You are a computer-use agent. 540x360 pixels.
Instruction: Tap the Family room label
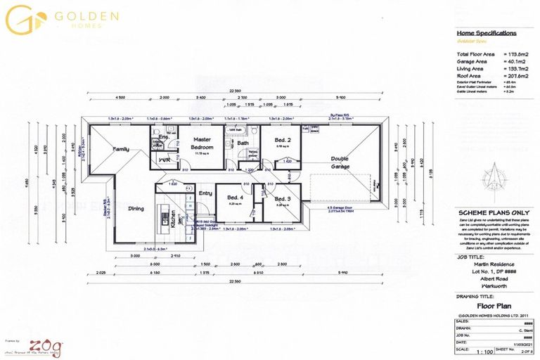click(x=121, y=149)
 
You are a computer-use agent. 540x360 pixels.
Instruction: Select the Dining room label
click(x=136, y=208)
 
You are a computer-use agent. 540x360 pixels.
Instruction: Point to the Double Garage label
click(x=340, y=162)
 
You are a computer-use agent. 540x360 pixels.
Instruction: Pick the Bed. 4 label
click(x=236, y=199)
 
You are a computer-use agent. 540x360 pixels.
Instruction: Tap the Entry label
click(x=205, y=193)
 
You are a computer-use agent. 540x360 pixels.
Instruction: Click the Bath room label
click(x=243, y=143)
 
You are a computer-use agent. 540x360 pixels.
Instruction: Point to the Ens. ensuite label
click(x=162, y=137)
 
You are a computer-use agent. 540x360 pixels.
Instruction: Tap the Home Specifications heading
click(x=487, y=33)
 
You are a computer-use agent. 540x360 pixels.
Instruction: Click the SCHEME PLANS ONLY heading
click(x=488, y=213)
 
